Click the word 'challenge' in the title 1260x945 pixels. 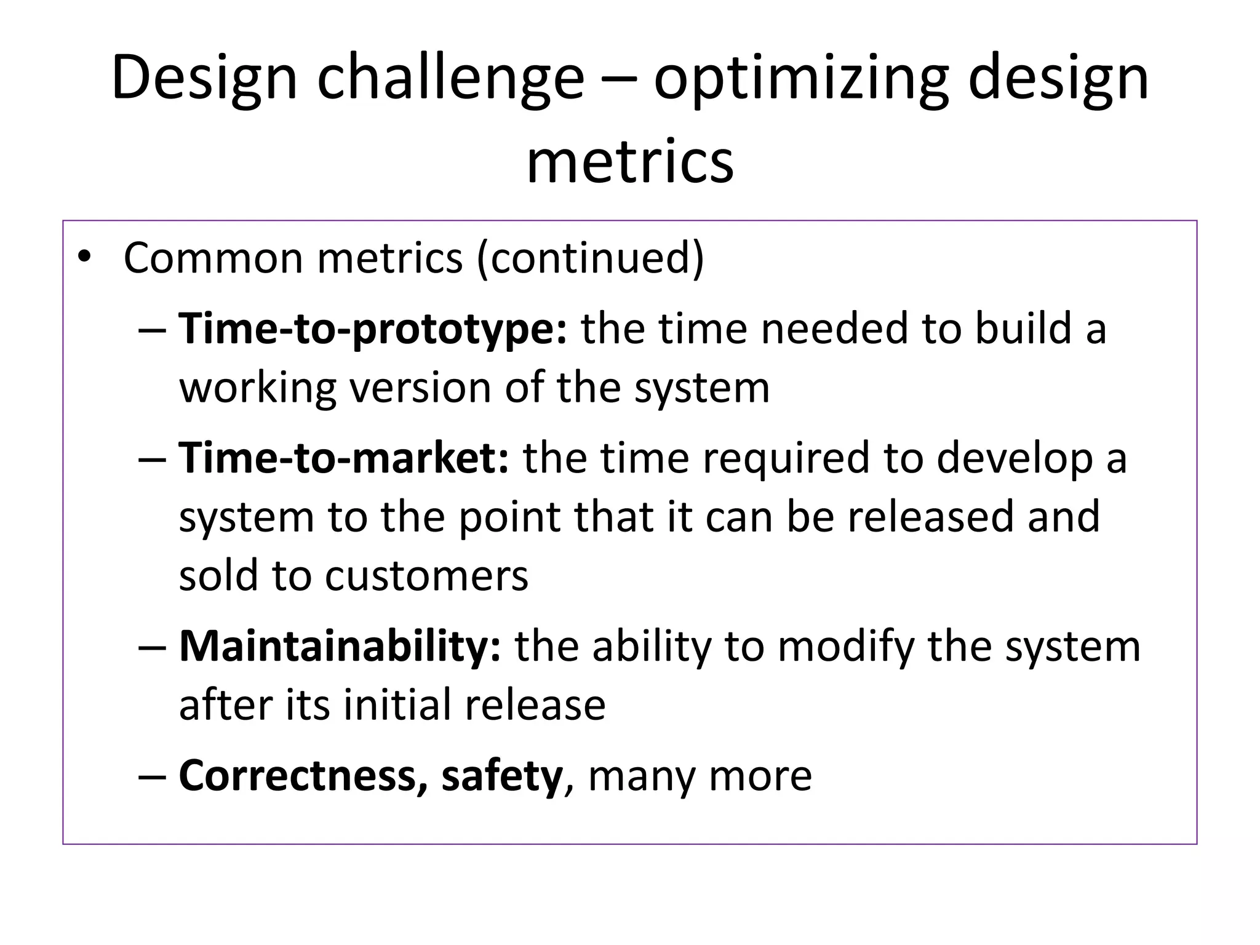[x=450, y=78]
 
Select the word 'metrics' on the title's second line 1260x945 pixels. [x=630, y=162]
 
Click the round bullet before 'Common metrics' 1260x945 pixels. [x=84, y=257]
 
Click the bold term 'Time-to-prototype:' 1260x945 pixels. [x=373, y=329]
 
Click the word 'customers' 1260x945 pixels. [x=426, y=576]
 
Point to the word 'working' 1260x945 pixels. [x=257, y=389]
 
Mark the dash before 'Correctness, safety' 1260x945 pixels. [x=153, y=776]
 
